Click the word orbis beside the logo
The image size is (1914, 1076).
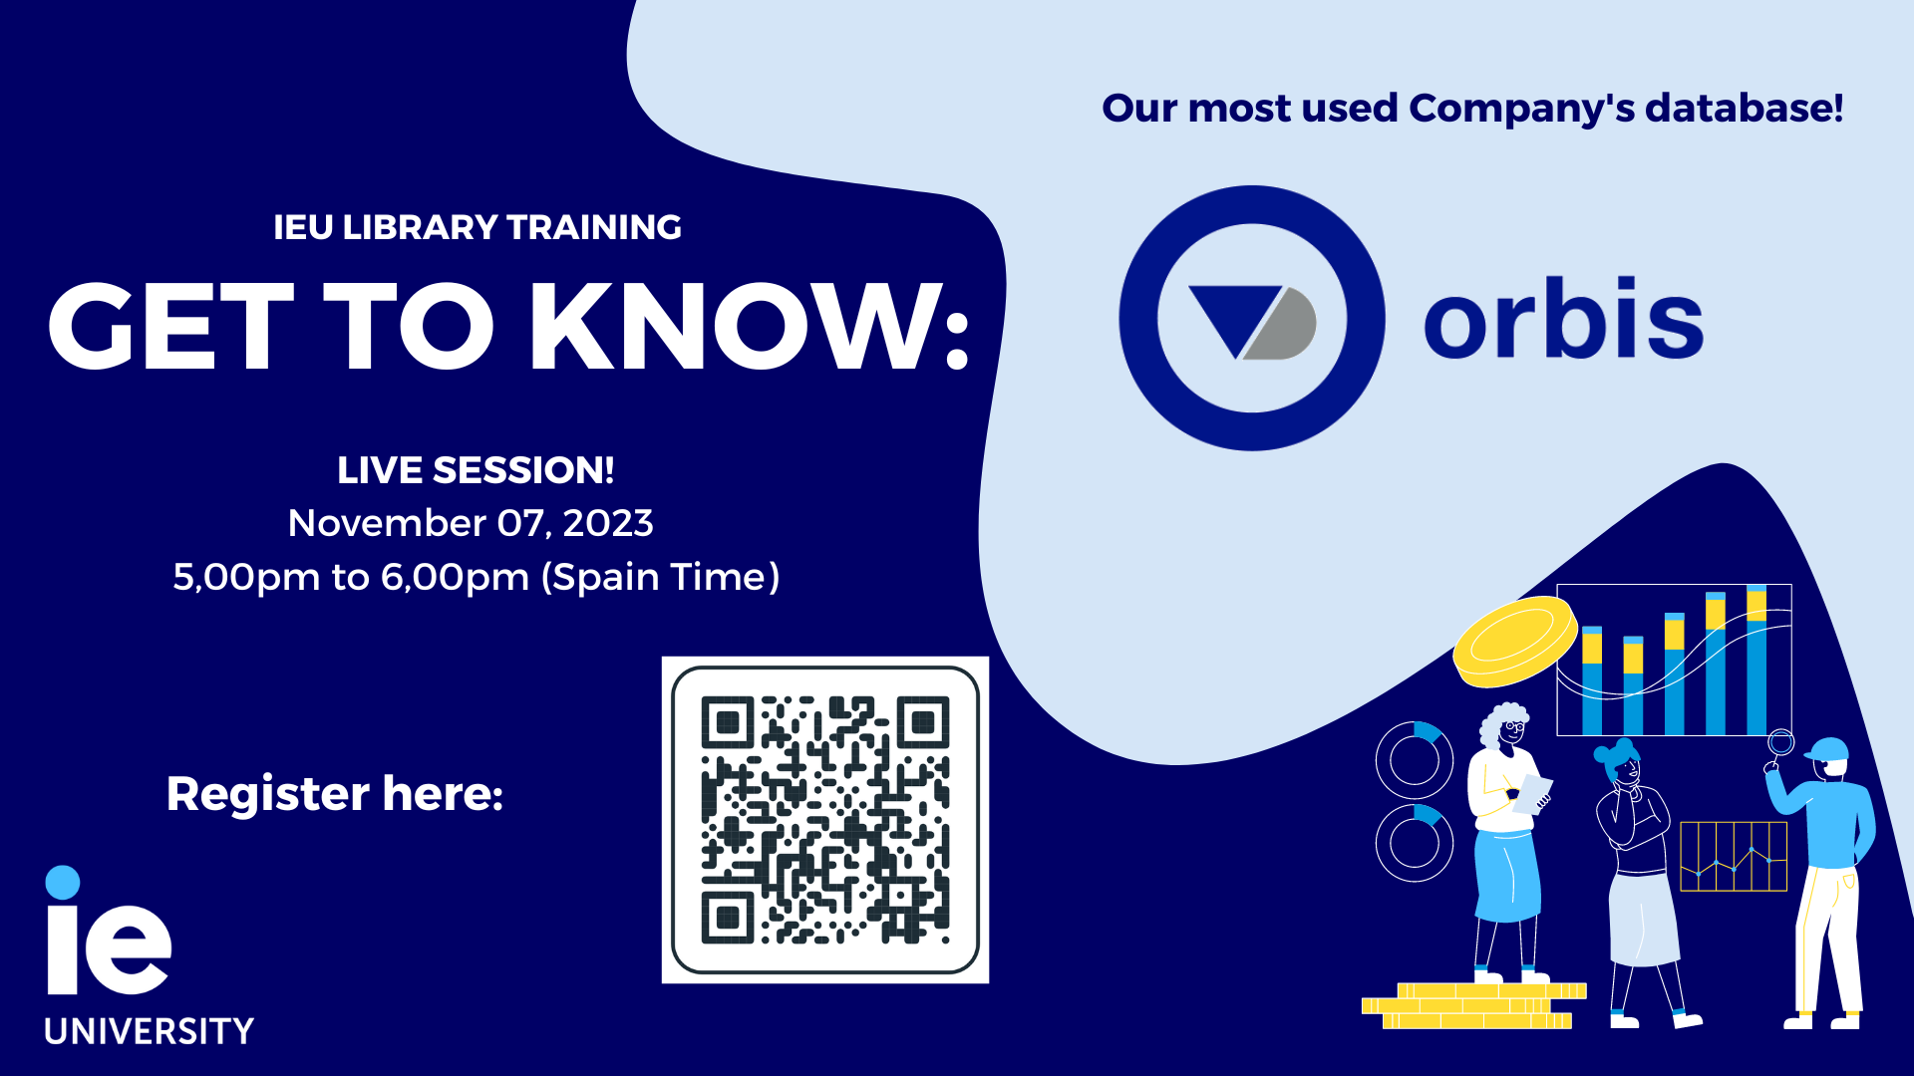1563,317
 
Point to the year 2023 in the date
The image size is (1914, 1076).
608,523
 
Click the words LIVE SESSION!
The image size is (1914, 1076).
476,470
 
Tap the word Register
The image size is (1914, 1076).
268,795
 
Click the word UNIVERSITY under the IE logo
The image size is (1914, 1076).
150,1031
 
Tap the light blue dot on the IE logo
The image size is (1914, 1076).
63,882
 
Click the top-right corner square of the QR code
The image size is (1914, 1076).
923,722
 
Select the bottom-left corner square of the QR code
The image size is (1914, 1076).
728,918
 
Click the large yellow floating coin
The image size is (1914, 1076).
1515,642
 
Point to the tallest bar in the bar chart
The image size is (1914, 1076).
1756,660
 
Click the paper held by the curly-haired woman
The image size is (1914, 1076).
1532,794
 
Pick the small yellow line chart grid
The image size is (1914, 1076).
1734,856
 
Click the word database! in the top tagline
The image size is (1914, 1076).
1744,108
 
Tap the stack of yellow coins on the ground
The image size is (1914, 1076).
1473,1005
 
